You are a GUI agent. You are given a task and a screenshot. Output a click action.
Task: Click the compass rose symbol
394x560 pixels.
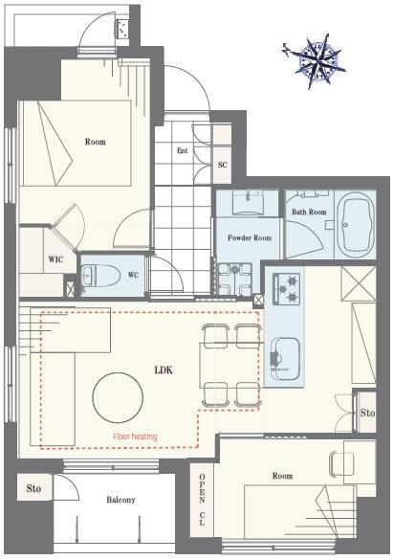316,61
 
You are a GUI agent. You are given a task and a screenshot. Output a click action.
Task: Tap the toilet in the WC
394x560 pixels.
98,276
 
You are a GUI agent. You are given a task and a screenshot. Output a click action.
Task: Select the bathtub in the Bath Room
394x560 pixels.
356,224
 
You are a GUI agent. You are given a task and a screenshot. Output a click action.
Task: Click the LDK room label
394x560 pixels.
164,370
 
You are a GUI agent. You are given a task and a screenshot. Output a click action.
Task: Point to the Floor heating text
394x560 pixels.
135,437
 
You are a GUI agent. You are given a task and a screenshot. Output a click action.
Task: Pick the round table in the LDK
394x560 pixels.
118,398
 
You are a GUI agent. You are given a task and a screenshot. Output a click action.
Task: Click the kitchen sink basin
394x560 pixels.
286,359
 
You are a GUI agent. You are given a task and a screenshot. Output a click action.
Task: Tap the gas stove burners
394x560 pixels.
287,289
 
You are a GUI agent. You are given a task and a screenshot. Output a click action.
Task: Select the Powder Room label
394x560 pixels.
250,237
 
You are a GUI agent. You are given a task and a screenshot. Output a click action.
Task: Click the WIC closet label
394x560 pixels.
55,259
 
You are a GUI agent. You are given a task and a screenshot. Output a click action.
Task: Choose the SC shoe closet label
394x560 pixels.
222,165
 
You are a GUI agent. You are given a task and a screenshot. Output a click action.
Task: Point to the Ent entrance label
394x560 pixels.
182,150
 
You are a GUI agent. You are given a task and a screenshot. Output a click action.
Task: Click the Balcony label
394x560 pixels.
120,500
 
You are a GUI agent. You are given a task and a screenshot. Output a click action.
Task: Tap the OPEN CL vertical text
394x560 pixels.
202,500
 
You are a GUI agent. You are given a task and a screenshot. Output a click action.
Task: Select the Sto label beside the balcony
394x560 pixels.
33,488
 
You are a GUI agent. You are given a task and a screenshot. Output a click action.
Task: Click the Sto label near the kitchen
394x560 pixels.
367,413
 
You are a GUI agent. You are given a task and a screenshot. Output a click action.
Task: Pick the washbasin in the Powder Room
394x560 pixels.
248,202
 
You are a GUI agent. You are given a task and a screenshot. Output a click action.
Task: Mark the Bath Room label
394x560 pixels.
309,212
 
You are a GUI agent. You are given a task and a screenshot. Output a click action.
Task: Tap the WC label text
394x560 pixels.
133,276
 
